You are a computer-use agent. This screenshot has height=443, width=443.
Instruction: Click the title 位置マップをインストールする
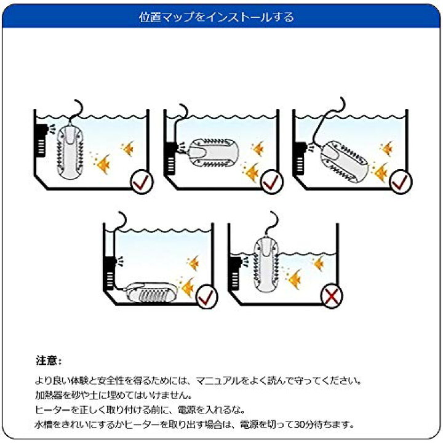coord(221,17)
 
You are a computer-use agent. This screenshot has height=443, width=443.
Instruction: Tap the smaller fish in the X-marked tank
coord(319,263)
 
